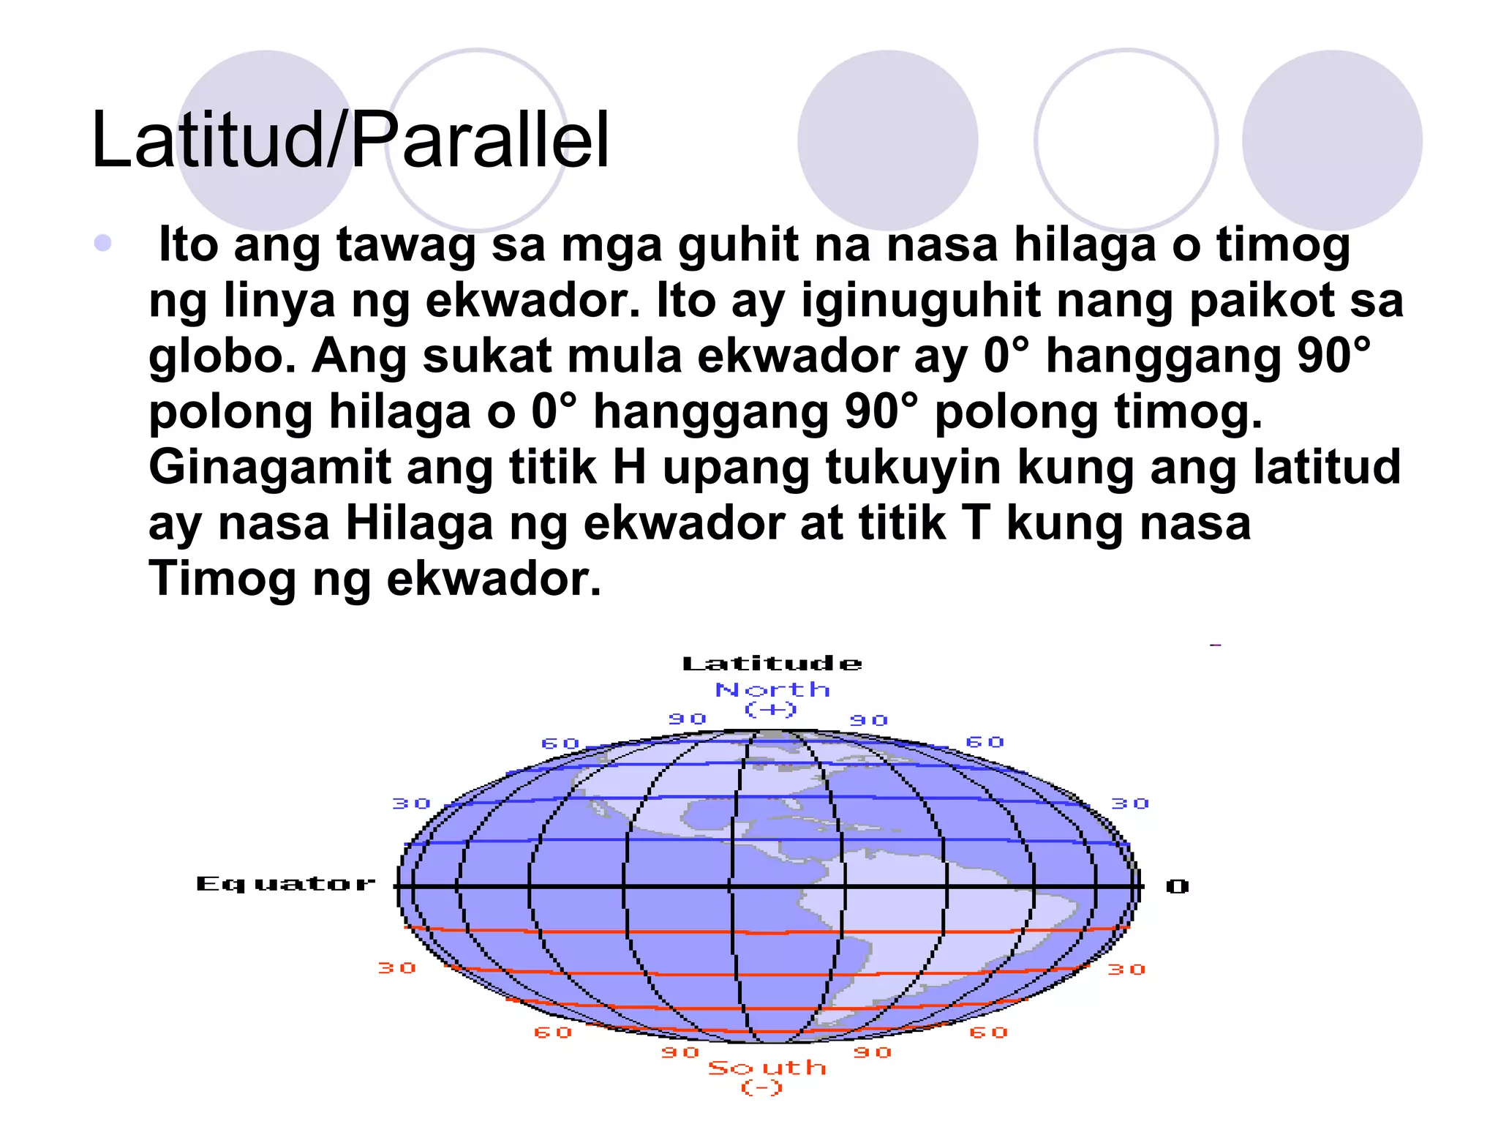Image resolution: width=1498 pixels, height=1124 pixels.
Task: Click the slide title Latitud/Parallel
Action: pos(350,140)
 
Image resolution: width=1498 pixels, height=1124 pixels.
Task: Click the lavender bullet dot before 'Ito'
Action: pos(103,243)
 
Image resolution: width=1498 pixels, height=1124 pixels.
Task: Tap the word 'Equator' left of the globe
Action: pos(285,884)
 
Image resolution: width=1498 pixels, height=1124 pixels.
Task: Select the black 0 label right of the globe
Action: pos(1177,887)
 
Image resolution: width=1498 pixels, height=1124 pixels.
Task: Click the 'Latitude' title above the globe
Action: pos(772,664)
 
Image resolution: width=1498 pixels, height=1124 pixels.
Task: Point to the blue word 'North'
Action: pos(772,689)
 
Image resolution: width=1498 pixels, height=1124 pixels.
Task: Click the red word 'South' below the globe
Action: pos(767,1068)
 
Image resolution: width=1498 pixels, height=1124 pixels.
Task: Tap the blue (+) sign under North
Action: pos(770,709)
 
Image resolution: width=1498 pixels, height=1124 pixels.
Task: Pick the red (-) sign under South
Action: pos(762,1088)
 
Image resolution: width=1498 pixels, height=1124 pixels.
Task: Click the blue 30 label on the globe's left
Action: pos(411,803)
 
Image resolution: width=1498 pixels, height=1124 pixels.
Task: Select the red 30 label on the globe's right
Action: pos(1126,970)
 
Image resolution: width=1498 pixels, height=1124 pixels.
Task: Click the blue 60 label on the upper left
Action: pos(560,743)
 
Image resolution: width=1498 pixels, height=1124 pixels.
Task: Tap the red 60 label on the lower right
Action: pos(989,1033)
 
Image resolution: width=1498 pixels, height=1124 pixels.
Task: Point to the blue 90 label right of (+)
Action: pos(869,720)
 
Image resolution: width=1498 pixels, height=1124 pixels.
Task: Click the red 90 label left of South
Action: pos(680,1052)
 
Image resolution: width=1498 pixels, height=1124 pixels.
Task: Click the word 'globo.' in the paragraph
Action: pos(222,356)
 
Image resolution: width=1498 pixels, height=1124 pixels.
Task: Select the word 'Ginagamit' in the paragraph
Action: pos(269,468)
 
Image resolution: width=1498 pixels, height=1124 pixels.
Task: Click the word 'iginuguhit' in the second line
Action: pos(920,301)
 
